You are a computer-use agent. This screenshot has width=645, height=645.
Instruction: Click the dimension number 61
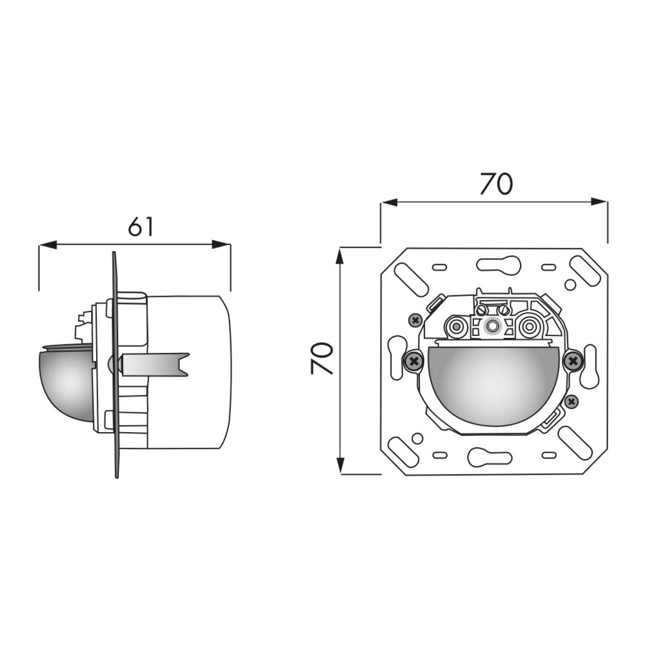[x=141, y=226]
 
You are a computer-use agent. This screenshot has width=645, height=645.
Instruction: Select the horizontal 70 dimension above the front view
[x=495, y=184]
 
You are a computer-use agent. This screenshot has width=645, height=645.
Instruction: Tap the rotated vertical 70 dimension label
[x=322, y=359]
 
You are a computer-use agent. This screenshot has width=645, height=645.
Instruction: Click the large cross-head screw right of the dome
[x=571, y=361]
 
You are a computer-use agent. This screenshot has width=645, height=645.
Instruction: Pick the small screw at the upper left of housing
[x=415, y=319]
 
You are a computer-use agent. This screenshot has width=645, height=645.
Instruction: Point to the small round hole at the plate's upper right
[x=569, y=284]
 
